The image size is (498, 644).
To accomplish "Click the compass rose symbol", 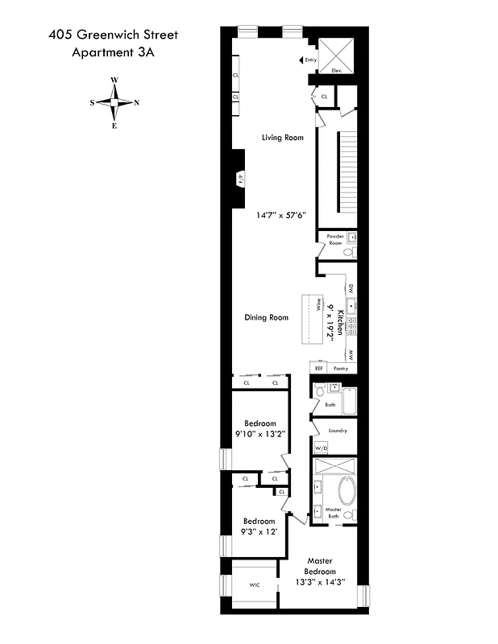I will click(114, 102).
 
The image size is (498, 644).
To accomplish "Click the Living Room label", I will click(282, 138).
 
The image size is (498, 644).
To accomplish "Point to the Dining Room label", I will click(266, 318).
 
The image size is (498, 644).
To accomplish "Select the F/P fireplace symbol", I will click(239, 180).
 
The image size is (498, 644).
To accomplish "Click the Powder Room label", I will click(335, 240).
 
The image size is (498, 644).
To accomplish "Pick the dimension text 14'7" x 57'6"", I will click(280, 216).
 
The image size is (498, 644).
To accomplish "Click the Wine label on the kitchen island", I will click(319, 306).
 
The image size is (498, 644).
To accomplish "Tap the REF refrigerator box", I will click(319, 369).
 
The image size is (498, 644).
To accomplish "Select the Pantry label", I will click(340, 369).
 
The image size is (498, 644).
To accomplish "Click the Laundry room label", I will click(337, 431).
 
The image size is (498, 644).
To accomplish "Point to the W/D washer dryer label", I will click(321, 448).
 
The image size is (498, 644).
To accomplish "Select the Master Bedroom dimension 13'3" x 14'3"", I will click(320, 583).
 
